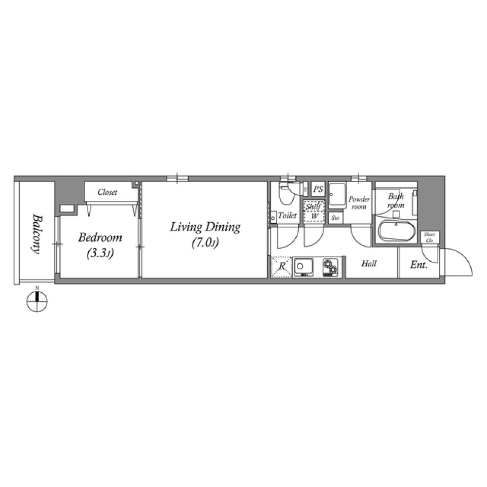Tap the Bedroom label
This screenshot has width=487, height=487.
tap(100, 237)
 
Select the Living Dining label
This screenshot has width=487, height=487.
tap(205, 227)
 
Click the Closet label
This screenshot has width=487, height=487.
tap(108, 192)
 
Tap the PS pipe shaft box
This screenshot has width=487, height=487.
tap(318, 189)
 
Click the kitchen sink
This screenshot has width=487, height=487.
tap(305, 266)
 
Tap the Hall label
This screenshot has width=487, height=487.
tap(369, 264)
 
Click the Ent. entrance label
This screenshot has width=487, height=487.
tap(418, 265)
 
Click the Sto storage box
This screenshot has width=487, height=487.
tap(335, 218)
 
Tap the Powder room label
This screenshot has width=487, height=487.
tap(359, 202)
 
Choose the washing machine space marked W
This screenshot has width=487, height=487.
tap(315, 216)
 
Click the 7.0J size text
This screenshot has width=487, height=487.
tap(205, 243)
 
